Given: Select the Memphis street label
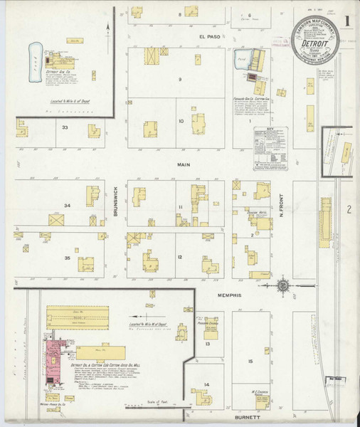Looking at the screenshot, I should pyautogui.click(x=231, y=295).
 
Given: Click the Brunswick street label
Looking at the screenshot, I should pyautogui.click(x=114, y=201).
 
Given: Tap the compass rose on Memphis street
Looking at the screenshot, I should pyautogui.click(x=283, y=285).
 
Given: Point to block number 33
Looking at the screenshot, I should pyautogui.click(x=65, y=127).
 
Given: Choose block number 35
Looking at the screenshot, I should pyautogui.click(x=67, y=258).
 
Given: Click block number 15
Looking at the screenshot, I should pyautogui.click(x=250, y=362).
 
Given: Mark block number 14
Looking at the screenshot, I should pyautogui.click(x=206, y=385).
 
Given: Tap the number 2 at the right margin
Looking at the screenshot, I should pyautogui.click(x=349, y=209).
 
